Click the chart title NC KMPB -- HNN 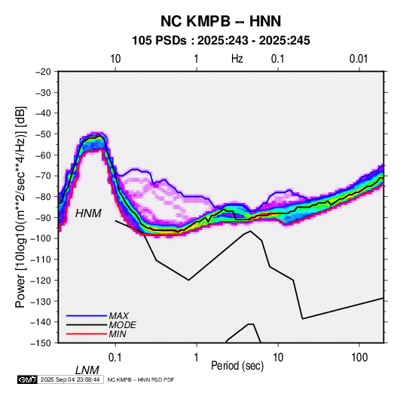(x=221, y=21)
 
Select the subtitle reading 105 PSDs (x=159, y=41)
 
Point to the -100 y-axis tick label (x=41, y=238)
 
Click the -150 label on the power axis (x=41, y=343)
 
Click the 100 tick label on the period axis (x=359, y=358)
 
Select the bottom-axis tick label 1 (x=197, y=358)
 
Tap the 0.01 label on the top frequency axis (x=359, y=59)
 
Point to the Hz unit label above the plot (x=237, y=59)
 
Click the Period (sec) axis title (x=237, y=366)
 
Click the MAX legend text (x=118, y=315)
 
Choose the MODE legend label (x=122, y=325)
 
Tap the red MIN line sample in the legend (x=87, y=334)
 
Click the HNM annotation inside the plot (x=88, y=213)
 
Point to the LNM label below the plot (x=87, y=370)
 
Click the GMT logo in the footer (x=27, y=379)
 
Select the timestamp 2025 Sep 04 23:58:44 (x=70, y=379)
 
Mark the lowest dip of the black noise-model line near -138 (x=303, y=319)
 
